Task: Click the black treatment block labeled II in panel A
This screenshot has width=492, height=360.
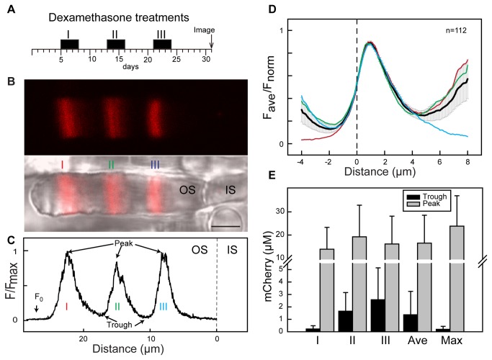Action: coord(116,45)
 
